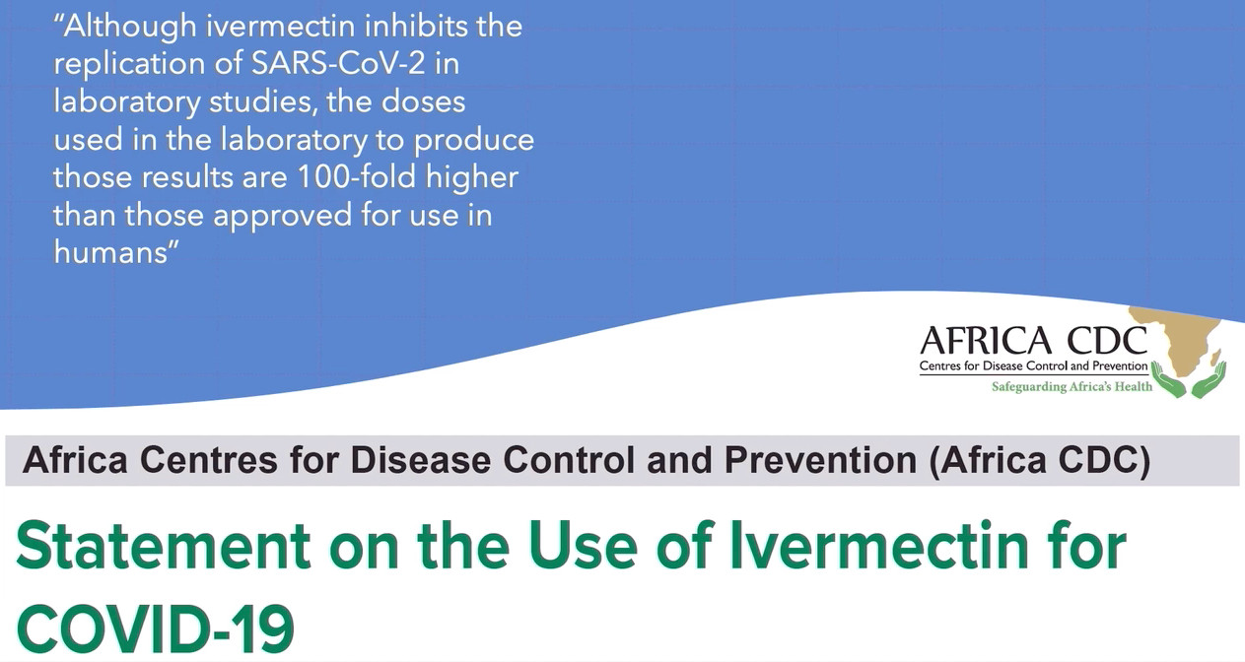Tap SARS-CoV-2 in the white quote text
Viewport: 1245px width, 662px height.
[x=338, y=63]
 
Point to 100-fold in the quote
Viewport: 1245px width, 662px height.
[x=357, y=176]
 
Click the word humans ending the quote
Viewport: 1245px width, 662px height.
[x=110, y=252]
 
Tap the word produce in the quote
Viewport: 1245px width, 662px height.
[x=473, y=141]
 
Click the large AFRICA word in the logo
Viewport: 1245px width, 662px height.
[x=986, y=341]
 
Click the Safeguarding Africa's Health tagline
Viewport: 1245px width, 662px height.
[x=1072, y=386]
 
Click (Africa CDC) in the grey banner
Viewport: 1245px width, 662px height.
[x=1039, y=460]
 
